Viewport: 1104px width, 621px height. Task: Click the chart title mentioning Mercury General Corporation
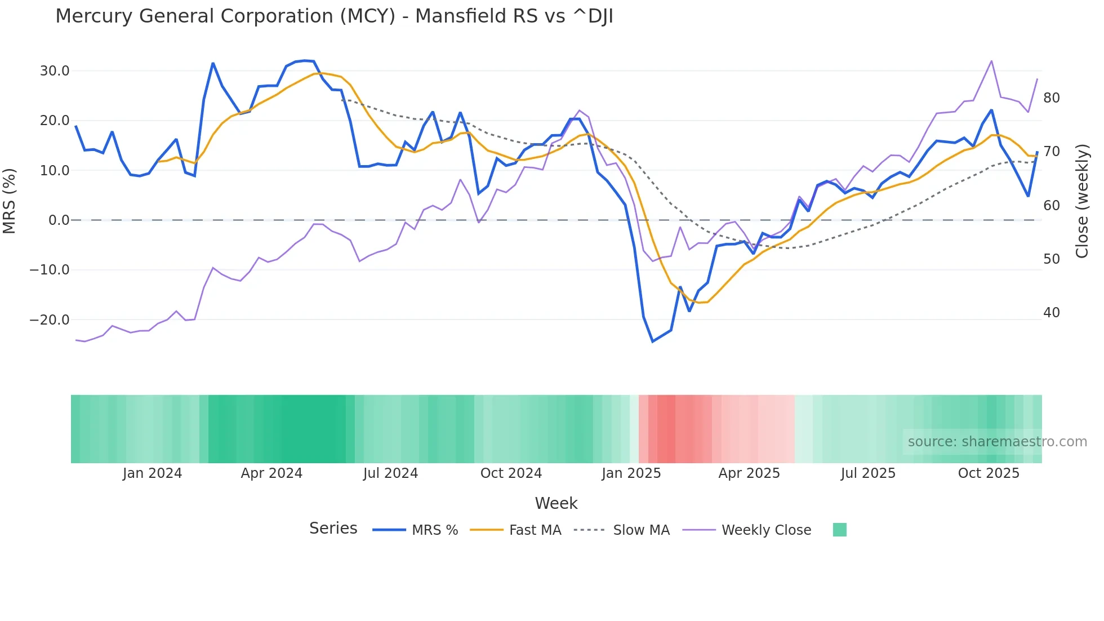334,16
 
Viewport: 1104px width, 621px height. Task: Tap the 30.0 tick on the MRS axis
55,71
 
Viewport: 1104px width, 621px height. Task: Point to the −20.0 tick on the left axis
50,320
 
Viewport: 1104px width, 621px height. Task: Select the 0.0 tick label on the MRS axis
59,220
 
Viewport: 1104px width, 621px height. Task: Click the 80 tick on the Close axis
1051,98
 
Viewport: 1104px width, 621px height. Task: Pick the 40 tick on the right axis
1051,313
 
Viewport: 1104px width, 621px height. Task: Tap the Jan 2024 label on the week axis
152,473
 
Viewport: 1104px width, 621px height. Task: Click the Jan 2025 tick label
631,473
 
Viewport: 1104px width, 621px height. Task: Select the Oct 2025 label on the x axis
989,473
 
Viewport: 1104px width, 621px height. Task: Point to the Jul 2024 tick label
390,473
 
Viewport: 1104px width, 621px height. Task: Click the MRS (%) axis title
10,201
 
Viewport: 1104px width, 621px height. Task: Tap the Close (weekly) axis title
1082,201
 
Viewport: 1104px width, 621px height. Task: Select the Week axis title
556,503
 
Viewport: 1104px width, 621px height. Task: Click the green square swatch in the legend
839,530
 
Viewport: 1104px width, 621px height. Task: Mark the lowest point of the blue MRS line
653,341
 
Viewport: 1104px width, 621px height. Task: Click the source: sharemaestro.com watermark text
997,442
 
